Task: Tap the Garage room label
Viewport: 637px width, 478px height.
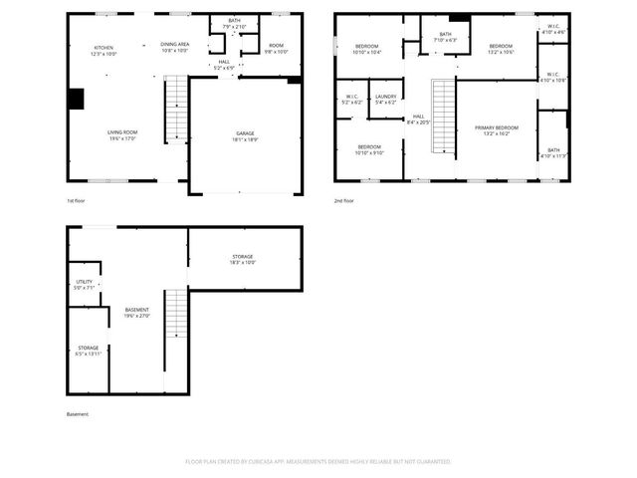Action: point(244,134)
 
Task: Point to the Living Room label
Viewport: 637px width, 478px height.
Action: point(123,134)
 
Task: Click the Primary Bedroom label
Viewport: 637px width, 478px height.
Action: point(496,129)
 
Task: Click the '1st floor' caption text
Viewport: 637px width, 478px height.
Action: point(77,200)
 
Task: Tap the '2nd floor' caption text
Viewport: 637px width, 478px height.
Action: point(344,200)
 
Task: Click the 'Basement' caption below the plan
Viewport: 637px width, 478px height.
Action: point(78,414)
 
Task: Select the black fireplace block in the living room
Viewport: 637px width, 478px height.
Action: point(76,100)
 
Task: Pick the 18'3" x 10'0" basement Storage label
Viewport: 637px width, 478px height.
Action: point(243,259)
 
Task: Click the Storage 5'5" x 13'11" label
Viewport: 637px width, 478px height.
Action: point(89,350)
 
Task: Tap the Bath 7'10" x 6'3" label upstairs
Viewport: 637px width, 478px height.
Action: point(446,37)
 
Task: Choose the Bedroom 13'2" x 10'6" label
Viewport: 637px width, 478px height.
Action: point(501,49)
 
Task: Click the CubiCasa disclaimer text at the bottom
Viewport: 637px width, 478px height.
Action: point(318,462)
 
